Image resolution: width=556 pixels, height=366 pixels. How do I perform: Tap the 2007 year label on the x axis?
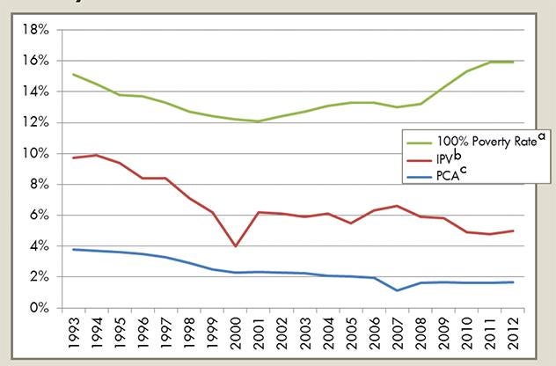[396, 334]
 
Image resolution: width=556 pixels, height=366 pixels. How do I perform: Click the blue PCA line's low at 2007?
[396, 290]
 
